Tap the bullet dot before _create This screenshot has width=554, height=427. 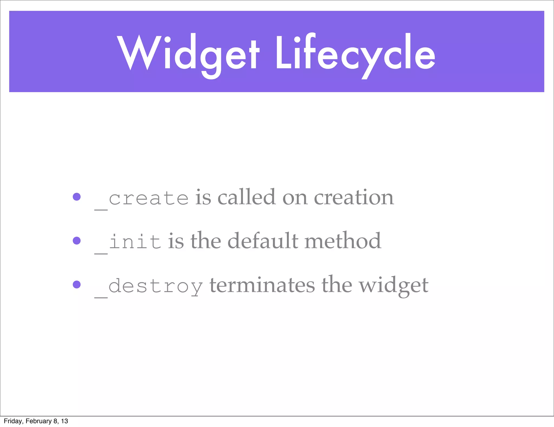click(x=77, y=197)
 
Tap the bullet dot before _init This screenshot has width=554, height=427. click(x=77, y=241)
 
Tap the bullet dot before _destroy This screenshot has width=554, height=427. click(x=77, y=284)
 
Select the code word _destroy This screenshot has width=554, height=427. click(x=149, y=286)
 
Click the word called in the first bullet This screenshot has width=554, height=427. click(x=246, y=197)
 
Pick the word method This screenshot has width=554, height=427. click(x=343, y=241)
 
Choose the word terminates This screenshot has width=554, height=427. click(x=262, y=285)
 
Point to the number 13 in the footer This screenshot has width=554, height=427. click(x=64, y=421)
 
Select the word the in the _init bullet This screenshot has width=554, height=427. click(x=206, y=241)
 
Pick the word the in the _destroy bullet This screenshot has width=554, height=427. click(x=337, y=285)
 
